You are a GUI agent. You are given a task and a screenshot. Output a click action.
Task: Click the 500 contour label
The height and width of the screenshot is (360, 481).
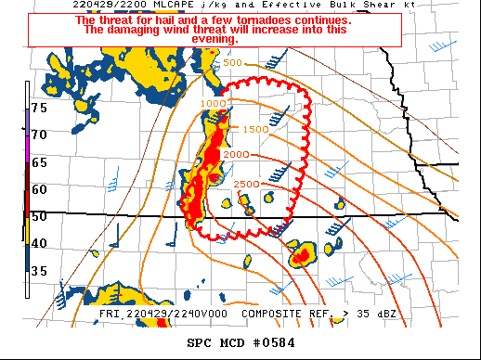coord(232,63)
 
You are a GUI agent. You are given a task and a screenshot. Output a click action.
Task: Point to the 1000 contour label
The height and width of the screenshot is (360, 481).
coord(214,103)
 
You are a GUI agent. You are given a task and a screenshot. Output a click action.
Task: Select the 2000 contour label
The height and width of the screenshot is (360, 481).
coord(235,154)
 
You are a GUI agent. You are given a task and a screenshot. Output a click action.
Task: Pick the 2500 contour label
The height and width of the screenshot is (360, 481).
coord(247,184)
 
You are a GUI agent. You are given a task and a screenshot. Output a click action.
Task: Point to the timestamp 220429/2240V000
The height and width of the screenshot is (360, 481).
coord(180,314)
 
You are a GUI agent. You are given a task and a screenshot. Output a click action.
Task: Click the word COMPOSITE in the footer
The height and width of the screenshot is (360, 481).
coord(279,314)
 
